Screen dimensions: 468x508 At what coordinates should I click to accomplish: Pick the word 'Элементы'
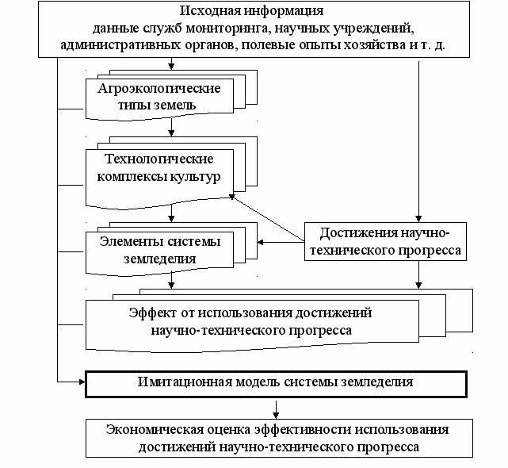(x=132, y=241)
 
